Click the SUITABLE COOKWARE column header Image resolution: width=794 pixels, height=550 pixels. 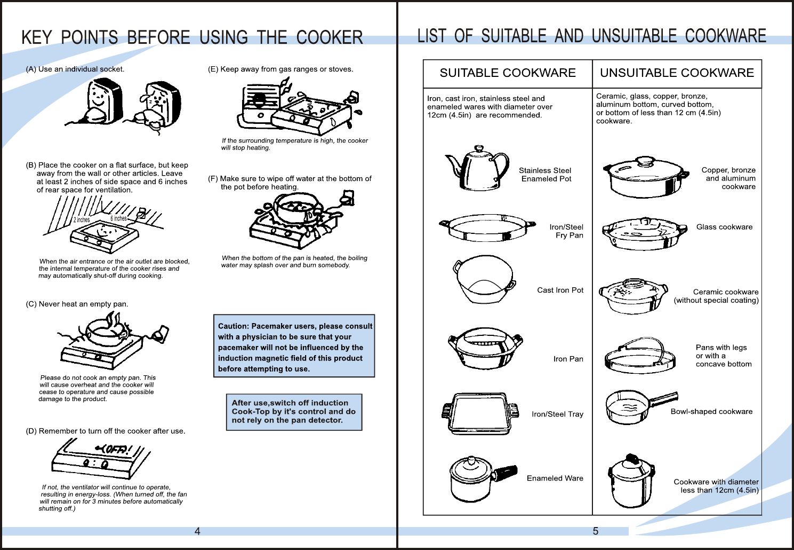pyautogui.click(x=507, y=73)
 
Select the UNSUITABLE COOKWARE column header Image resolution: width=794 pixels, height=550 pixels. pyautogui.click(x=677, y=73)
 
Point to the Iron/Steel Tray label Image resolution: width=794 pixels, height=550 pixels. pyautogui.click(x=557, y=414)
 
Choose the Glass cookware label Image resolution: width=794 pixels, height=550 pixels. pyautogui.click(x=724, y=227)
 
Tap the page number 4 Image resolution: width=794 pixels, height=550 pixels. pyautogui.click(x=197, y=531)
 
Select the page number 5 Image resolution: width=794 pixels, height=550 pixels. pyautogui.click(x=596, y=531)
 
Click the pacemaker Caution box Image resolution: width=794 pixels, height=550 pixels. pyautogui.click(x=294, y=347)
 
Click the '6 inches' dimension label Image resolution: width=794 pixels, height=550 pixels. pyautogui.click(x=118, y=218)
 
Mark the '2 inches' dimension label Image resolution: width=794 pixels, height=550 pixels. pyautogui.click(x=82, y=220)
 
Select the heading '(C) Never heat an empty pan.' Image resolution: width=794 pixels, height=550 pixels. pyautogui.click(x=77, y=304)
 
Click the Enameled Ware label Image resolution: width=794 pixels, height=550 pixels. pyautogui.click(x=555, y=478)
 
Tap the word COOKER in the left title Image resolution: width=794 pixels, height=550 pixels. pyautogui.click(x=330, y=38)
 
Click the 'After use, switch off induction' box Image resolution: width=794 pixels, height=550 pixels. pyautogui.click(x=294, y=412)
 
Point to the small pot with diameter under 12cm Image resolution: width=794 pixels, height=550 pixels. pyautogui.click(x=631, y=481)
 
